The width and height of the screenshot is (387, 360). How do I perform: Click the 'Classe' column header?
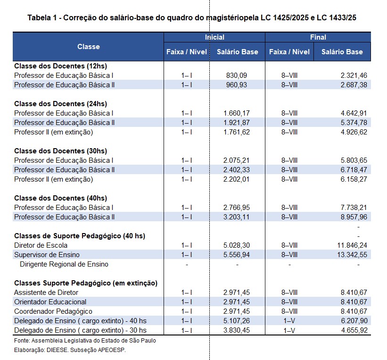(x=88, y=47)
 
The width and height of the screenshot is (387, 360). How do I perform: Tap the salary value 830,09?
(x=237, y=75)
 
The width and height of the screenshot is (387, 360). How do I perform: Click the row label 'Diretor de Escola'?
(x=41, y=245)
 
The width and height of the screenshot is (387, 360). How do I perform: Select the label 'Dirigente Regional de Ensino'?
(x=64, y=264)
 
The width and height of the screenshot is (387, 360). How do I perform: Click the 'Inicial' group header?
(x=214, y=37)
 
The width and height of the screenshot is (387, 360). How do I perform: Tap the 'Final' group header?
(x=318, y=37)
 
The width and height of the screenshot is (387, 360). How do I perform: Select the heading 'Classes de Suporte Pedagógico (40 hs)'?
(x=73, y=236)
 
